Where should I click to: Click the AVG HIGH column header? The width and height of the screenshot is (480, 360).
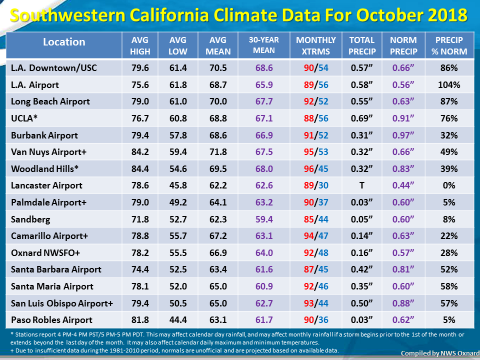point(140,45)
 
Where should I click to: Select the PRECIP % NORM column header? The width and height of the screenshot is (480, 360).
point(449,45)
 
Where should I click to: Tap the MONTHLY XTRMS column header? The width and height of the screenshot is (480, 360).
point(315,45)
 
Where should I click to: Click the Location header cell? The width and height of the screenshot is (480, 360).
point(64,42)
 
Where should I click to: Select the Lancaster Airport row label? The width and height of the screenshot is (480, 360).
point(46,185)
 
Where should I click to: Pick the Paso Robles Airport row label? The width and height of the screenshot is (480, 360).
point(51,320)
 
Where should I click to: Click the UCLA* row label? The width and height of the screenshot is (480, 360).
point(24,118)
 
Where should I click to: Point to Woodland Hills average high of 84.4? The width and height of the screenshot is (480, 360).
point(140,168)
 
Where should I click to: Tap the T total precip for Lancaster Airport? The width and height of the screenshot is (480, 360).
point(362,185)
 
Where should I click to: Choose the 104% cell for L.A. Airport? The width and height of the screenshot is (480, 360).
point(449,85)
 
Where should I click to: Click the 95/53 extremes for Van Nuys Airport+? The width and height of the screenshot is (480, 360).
point(316,152)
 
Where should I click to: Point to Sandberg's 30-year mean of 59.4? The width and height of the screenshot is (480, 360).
point(264,219)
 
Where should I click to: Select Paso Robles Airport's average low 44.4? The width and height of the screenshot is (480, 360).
point(178,320)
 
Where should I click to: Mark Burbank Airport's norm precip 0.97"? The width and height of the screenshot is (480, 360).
point(403,135)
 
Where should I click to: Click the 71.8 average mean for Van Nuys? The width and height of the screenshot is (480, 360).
point(218,152)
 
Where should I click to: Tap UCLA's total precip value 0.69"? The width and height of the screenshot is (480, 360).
point(362,118)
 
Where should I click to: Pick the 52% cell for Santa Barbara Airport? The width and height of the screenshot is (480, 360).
point(449,269)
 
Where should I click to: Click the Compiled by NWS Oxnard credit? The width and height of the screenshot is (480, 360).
point(440,353)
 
